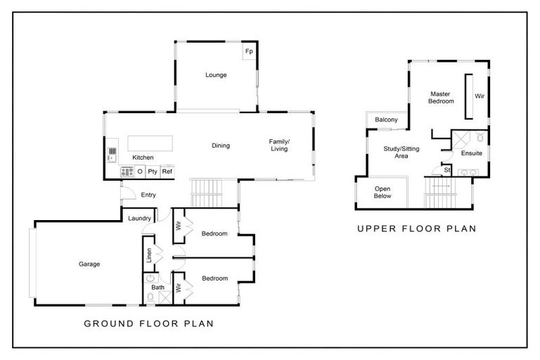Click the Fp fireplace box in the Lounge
(249, 51)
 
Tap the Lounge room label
(216, 75)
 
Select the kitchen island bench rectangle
(150, 143)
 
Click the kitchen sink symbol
(112, 158)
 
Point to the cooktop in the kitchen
(127, 172)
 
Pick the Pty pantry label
(153, 172)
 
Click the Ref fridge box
(167, 172)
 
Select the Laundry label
(139, 218)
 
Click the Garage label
(89, 264)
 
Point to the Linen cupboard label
(149, 255)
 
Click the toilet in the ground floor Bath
(150, 297)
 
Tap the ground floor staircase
(206, 193)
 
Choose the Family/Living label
(279, 145)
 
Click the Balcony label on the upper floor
(386, 120)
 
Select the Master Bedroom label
(441, 98)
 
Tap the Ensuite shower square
(461, 139)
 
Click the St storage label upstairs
(447, 170)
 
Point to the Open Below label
(382, 192)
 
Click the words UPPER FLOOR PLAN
(417, 229)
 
